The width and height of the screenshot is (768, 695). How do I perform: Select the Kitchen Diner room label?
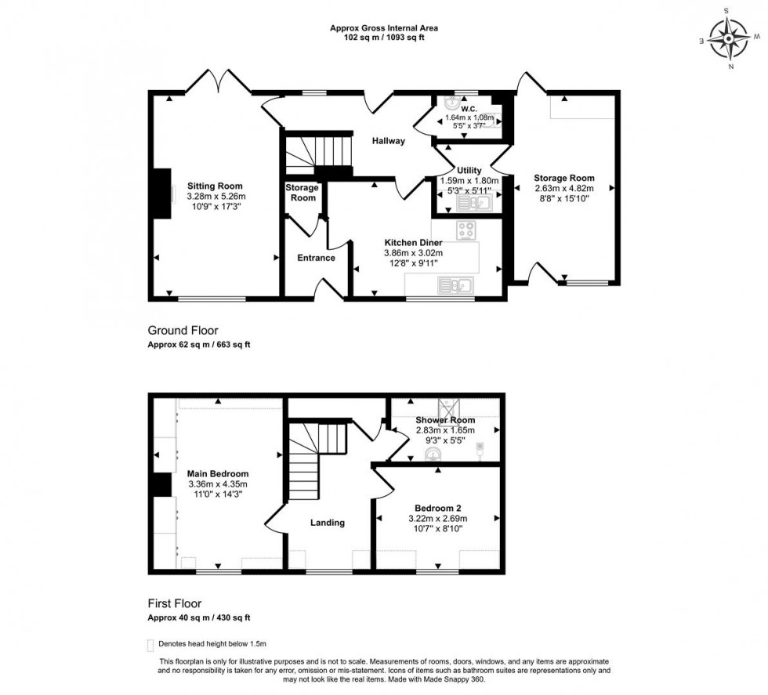coord(413,243)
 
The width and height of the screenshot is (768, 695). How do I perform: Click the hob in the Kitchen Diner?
coord(467,230)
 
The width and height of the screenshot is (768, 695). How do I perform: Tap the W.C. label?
coord(469,109)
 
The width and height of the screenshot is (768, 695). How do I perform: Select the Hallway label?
coord(389,141)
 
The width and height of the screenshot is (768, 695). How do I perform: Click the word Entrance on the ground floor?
coord(316,258)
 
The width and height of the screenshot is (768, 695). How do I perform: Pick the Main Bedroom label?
coord(218,474)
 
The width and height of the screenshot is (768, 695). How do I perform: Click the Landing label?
coord(327,523)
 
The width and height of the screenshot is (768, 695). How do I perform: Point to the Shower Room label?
coord(446,420)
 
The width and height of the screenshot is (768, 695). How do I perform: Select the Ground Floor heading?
coord(183,331)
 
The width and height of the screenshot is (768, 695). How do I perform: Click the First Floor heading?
coord(175,603)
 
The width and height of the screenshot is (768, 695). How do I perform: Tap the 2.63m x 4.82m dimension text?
coord(563,188)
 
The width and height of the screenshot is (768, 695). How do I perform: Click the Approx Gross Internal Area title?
coord(384,28)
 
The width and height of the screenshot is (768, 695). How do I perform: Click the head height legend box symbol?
coord(150,644)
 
